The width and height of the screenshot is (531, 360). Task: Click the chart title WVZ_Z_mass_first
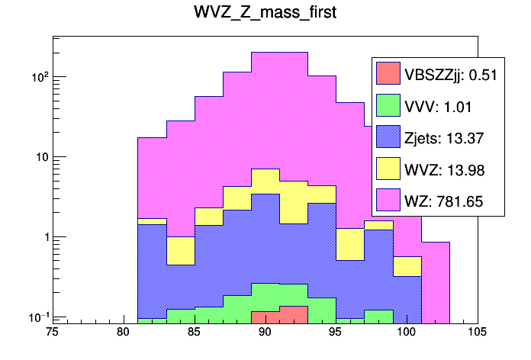(265, 14)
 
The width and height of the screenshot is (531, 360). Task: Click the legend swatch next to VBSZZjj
(388, 73)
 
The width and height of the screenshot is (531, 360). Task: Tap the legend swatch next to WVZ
(388, 169)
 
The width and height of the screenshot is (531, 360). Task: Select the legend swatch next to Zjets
(388, 137)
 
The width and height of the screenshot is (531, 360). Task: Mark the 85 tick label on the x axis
(195, 333)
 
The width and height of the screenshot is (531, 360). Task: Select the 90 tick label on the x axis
(265, 333)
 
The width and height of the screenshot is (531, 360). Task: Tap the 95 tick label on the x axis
(336, 333)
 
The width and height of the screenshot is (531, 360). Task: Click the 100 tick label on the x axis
(407, 333)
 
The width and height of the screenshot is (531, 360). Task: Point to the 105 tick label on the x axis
(478, 333)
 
